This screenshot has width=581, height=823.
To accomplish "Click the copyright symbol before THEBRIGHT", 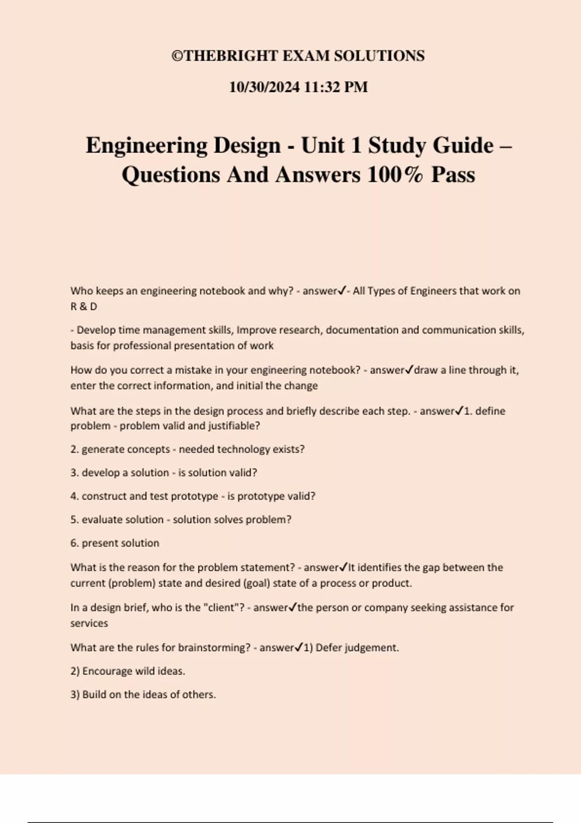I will click(177, 56).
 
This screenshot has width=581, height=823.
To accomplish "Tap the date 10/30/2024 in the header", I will click(264, 87).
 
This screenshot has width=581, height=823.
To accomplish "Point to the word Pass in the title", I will click(453, 175).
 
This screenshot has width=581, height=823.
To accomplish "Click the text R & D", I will click(84, 306).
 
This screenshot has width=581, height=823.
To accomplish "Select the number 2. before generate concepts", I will click(75, 449).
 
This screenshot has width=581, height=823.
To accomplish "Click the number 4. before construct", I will click(75, 496).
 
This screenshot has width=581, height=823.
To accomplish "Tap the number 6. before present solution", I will click(75, 543).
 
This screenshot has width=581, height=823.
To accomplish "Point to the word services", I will click(89, 624).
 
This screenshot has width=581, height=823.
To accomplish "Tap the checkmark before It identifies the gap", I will click(344, 567).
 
